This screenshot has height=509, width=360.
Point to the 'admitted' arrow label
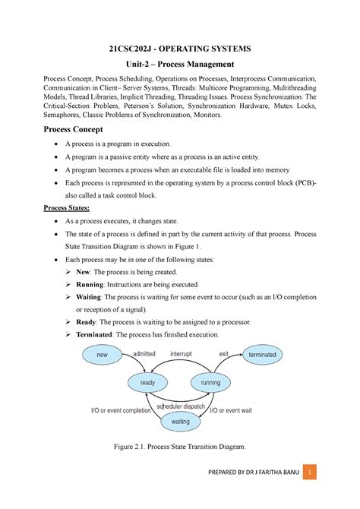click(144, 353)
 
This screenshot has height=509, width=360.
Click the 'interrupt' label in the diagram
click(181, 353)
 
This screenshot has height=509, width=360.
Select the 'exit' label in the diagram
click(223, 353)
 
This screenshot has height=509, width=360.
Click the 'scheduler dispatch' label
click(182, 406)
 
